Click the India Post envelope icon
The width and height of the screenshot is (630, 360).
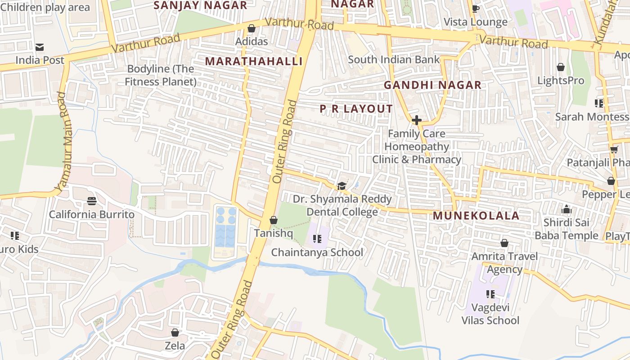(x=40, y=47)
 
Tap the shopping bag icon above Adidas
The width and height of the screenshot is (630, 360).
(x=252, y=29)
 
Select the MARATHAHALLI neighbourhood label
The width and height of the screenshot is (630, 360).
(x=254, y=61)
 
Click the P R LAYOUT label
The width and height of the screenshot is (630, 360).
(x=356, y=109)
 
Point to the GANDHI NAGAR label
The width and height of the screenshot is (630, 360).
(x=432, y=85)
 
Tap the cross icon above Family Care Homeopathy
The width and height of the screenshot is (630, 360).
(x=416, y=120)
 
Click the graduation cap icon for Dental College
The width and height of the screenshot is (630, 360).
(x=342, y=186)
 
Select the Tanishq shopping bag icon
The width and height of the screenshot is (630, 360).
(x=273, y=220)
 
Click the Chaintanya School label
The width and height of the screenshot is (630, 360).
(x=317, y=252)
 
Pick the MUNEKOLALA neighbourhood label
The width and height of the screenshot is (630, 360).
(x=476, y=216)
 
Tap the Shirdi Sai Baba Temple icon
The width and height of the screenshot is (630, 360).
(x=566, y=209)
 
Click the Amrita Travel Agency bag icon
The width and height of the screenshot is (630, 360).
(x=504, y=243)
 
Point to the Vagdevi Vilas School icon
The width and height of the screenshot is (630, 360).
(x=490, y=294)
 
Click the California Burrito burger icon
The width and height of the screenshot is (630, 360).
(x=92, y=201)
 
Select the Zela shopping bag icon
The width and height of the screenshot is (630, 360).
(x=175, y=333)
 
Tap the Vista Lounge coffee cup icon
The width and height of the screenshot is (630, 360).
(x=476, y=9)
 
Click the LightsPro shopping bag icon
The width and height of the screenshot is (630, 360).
(x=561, y=67)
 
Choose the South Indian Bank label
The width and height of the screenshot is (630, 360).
(x=394, y=59)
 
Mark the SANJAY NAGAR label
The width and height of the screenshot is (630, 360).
(x=200, y=5)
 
